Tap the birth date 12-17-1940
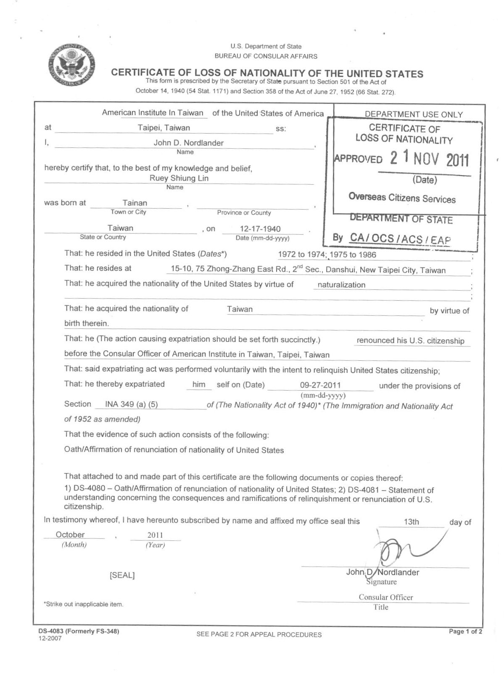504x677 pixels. tap(260, 229)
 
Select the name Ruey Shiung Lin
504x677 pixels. tap(179, 178)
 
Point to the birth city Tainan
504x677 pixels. tap(135, 203)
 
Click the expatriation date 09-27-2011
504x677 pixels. tap(320, 385)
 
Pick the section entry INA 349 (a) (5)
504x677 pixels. tap(131, 405)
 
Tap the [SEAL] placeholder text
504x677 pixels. tap(122, 575)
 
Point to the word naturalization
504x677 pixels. tap(341, 285)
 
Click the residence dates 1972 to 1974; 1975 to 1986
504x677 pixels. tap(327, 255)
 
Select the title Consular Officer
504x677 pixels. tap(385, 597)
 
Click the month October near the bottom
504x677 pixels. tap(70, 535)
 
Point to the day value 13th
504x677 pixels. tap(411, 522)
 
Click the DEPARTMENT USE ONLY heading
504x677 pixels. tap(414, 114)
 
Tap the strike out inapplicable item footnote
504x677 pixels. tap(83, 604)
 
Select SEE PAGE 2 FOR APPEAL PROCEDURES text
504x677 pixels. tap(259, 635)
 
